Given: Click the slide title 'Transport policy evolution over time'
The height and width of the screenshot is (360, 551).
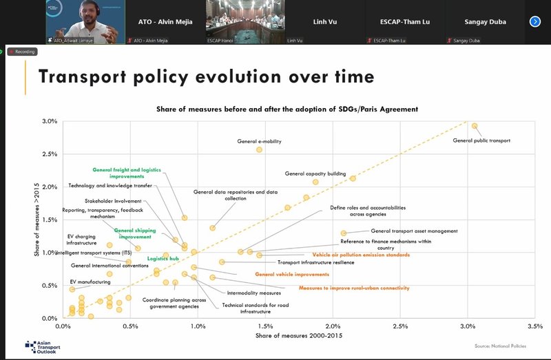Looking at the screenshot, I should (x=206, y=76).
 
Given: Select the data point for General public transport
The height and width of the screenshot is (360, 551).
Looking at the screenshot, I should (x=474, y=126).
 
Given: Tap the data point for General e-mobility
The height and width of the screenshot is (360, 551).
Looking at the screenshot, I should (x=259, y=149).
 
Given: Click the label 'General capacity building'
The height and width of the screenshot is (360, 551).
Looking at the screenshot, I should (x=315, y=173).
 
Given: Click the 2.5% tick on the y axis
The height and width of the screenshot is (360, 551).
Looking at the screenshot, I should (x=48, y=153).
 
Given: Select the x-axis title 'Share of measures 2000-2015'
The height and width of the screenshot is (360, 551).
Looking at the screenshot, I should (x=299, y=335).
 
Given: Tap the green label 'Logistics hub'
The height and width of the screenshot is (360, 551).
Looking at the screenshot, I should (x=163, y=259).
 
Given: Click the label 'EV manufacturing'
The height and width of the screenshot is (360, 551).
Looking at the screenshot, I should (x=90, y=282).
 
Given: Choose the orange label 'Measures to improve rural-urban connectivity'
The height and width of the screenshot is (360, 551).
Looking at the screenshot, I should (x=353, y=288).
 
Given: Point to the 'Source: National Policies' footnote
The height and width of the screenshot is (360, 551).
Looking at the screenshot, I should (x=500, y=346).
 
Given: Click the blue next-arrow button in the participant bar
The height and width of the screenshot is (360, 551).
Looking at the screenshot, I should (x=535, y=21).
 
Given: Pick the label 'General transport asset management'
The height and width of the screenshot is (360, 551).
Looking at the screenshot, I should (x=414, y=231).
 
